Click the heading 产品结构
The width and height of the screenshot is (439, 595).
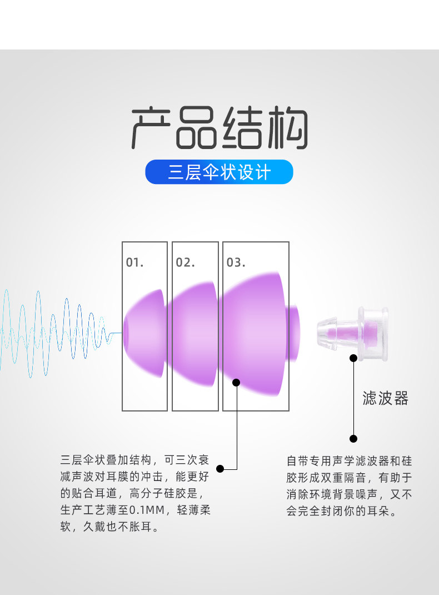[219, 127]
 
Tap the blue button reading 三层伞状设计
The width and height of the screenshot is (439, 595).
[219, 172]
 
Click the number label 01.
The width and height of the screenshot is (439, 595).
[134, 262]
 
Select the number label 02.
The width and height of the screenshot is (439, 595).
[185, 262]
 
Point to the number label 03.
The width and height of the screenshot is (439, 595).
[236, 262]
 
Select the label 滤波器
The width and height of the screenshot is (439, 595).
[385, 398]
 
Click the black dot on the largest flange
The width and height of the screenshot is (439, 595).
[236, 383]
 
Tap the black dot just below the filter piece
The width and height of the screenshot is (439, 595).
[353, 358]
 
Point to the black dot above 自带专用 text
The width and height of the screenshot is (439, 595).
[353, 438]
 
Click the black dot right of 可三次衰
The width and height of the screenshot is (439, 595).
[220, 469]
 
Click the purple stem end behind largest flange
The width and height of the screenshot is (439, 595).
[294, 333]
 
